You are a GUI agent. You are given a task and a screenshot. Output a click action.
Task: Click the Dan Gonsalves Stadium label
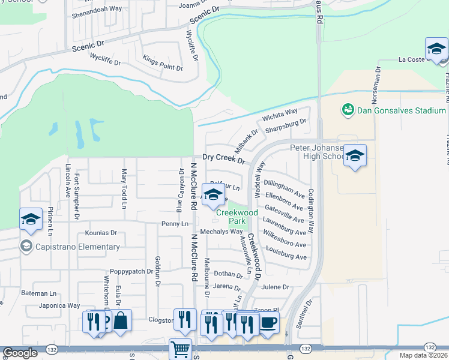(x=402, y=110)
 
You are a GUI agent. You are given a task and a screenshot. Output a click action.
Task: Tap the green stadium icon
(x=348, y=110)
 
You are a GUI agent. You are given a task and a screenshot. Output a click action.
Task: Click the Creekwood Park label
(x=237, y=217)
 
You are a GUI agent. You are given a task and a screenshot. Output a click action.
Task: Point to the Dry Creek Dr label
(x=223, y=158)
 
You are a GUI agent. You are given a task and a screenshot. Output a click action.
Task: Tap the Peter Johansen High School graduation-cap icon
(x=355, y=157)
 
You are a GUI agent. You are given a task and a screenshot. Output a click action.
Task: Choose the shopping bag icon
(x=121, y=321)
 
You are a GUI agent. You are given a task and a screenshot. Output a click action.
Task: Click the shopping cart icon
(x=180, y=349)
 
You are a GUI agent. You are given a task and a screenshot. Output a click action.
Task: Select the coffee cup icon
(x=268, y=322)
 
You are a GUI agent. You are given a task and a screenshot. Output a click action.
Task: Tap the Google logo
(x=20, y=353)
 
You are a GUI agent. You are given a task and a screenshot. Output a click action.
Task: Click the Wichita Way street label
(x=280, y=114)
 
